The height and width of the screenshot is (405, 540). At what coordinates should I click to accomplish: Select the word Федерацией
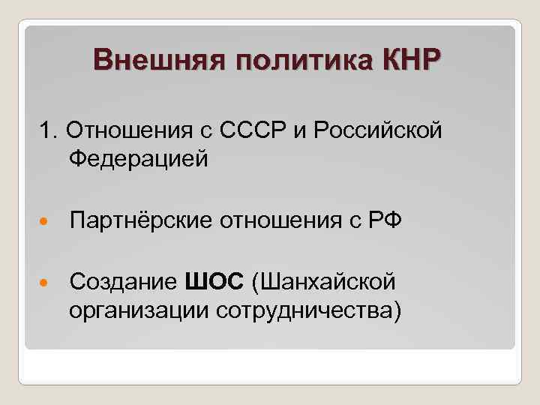[138, 159]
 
